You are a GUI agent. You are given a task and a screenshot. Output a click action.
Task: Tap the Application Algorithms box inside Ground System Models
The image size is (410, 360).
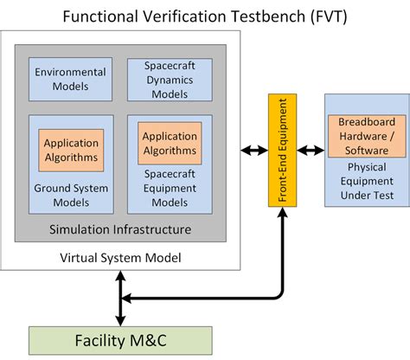[x=70, y=149]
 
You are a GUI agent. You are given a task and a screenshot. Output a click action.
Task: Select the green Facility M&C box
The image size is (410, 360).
[x=120, y=340]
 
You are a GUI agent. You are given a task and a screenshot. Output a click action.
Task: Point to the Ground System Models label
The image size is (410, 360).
[x=70, y=195]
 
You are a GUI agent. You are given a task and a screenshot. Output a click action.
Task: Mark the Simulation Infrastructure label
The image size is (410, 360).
[x=120, y=229]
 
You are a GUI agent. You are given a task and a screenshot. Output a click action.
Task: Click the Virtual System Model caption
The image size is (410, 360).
[x=120, y=258]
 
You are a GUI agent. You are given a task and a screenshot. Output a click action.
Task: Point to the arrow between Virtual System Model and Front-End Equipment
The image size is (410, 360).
[x=254, y=150]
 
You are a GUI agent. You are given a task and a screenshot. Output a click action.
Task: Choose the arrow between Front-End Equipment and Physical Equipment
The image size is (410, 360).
[x=309, y=150]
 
